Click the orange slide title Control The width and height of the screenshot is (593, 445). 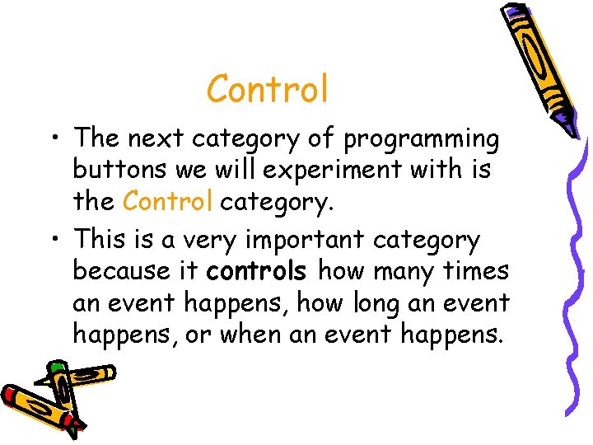pos(268,89)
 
